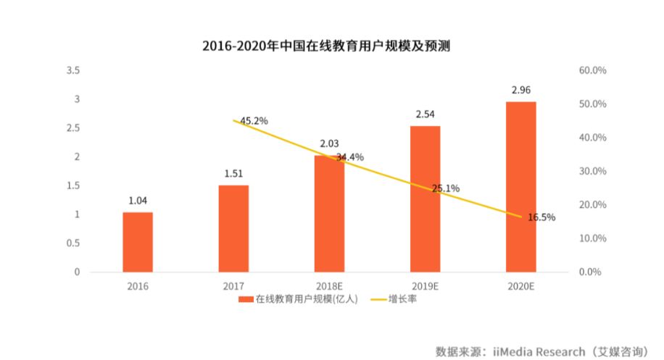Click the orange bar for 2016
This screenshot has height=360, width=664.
click(138, 242)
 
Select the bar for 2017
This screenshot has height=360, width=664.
click(233, 228)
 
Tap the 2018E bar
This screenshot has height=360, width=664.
click(329, 214)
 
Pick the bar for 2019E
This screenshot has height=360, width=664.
click(425, 198)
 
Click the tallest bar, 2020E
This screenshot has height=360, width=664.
click(520, 187)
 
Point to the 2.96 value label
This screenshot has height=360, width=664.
click(520, 91)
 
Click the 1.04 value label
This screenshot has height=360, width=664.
click(138, 201)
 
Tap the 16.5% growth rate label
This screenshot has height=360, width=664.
click(541, 217)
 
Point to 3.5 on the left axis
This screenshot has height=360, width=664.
click(72, 70)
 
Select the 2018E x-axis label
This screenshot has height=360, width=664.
click(329, 286)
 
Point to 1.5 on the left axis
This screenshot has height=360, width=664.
click(72, 185)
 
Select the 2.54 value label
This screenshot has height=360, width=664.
click(425, 114)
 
